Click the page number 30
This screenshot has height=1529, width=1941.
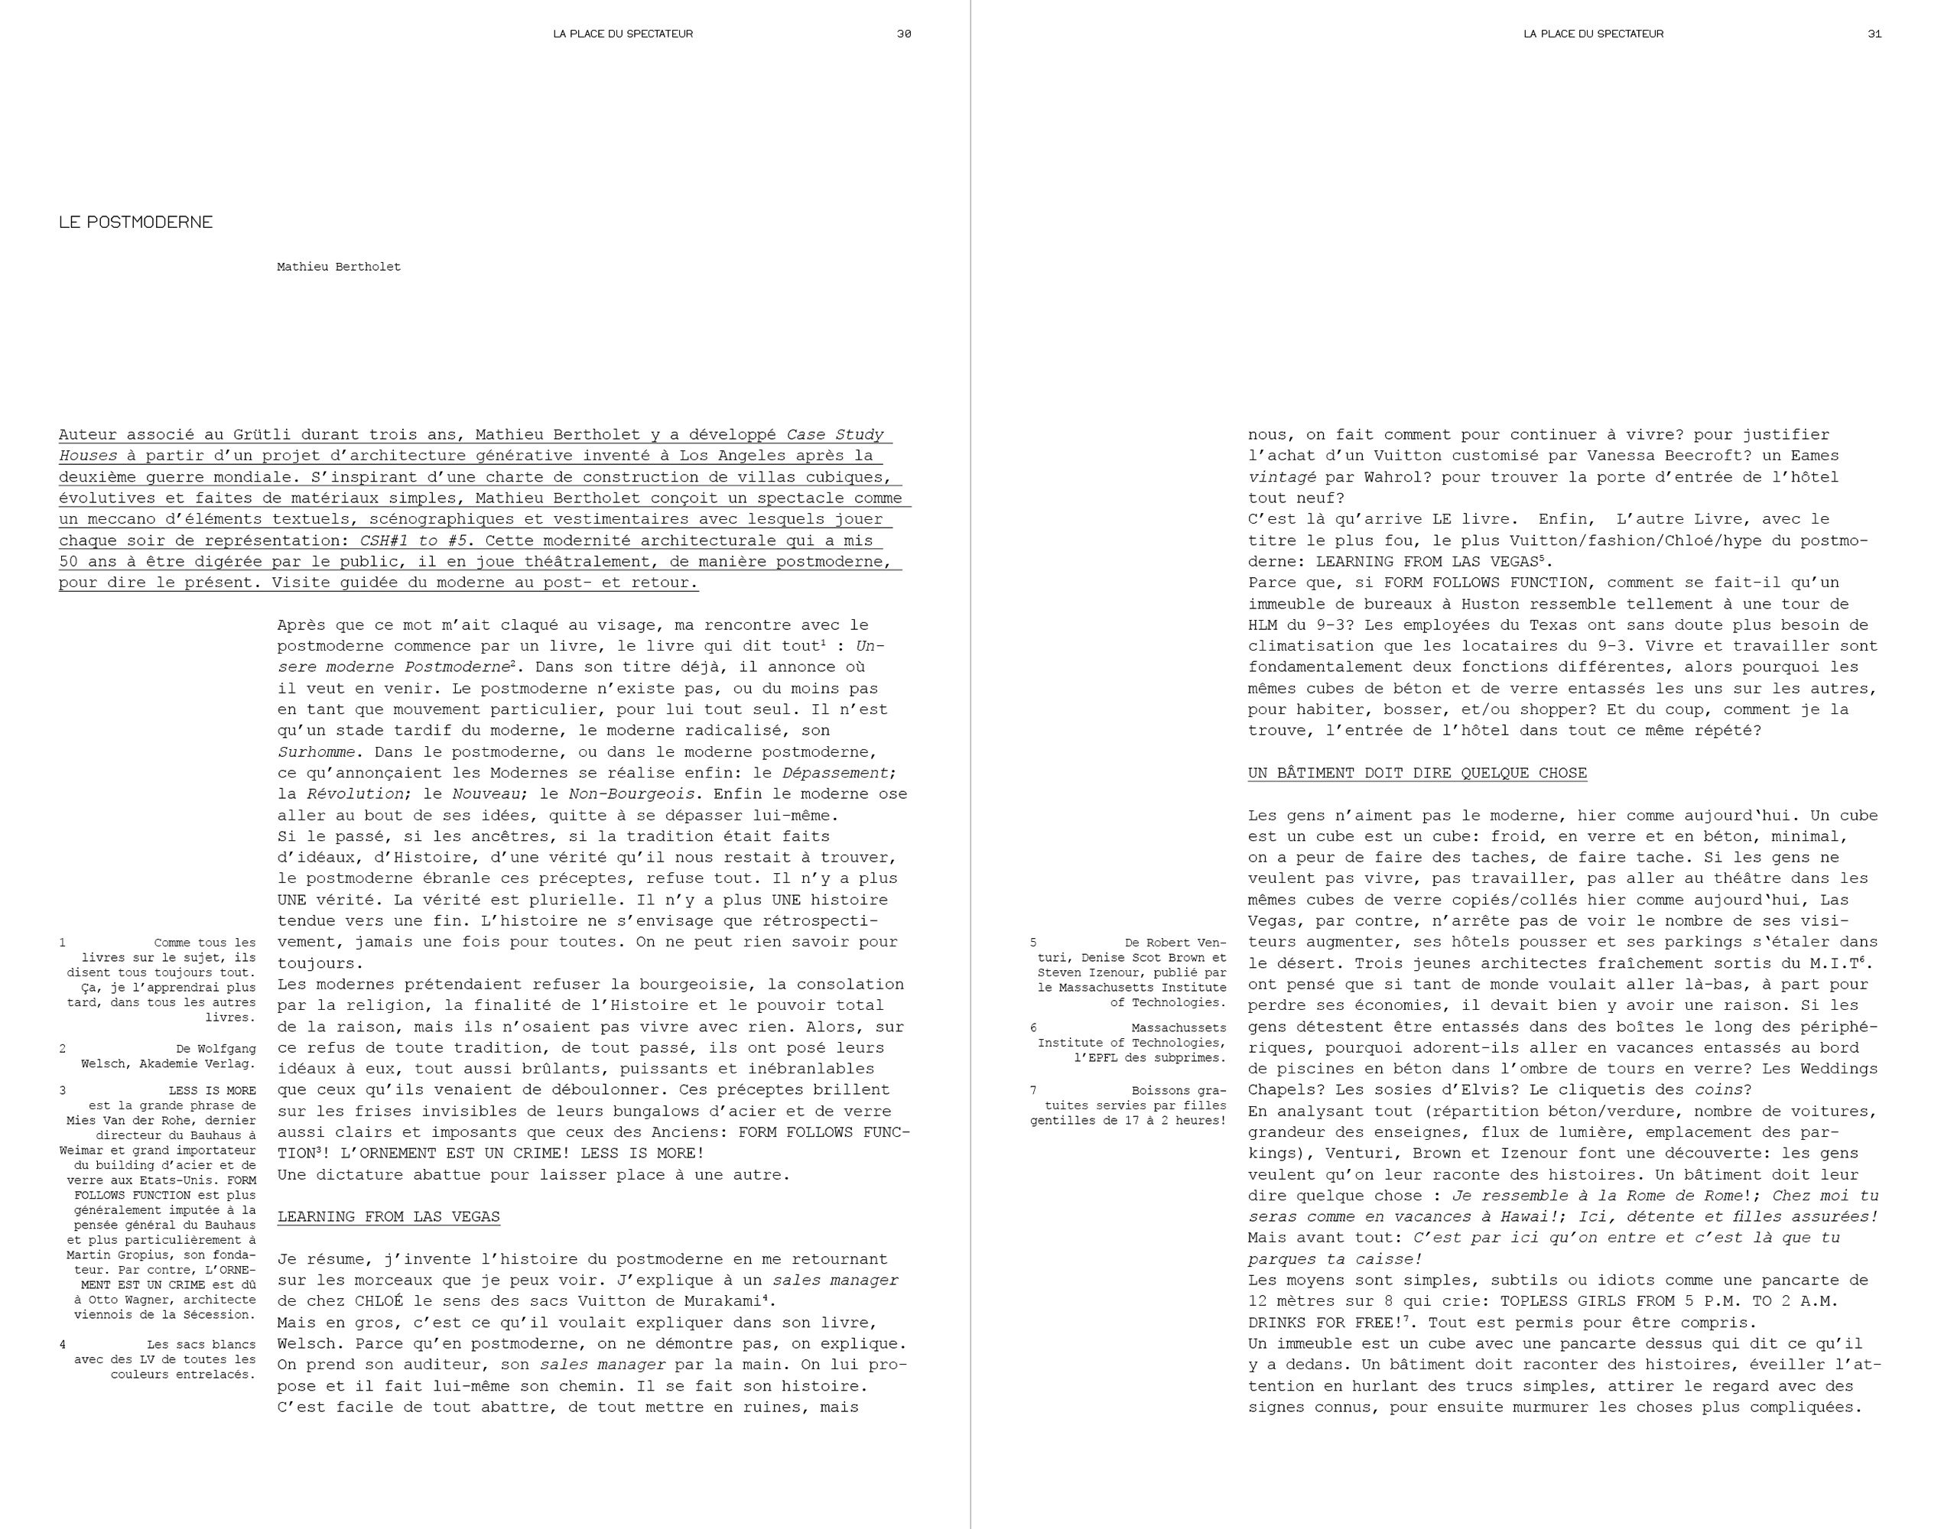(904, 34)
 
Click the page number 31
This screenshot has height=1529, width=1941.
(1874, 34)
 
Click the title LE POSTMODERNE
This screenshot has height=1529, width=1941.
(136, 222)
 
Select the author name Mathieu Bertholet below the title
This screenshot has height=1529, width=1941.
(339, 267)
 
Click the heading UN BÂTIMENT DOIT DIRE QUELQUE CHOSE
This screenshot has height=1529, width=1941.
(1417, 773)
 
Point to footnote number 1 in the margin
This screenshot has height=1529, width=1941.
(63, 943)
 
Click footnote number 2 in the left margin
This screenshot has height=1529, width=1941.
(63, 1048)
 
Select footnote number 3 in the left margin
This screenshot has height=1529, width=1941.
(63, 1090)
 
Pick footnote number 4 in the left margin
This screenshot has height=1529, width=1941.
(63, 1345)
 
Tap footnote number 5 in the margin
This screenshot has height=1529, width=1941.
(1033, 943)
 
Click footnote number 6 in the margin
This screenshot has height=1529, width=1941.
(1033, 1027)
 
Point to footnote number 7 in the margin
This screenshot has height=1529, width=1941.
(1033, 1090)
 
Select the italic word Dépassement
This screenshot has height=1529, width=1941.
(835, 773)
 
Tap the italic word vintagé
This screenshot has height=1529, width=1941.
(1282, 477)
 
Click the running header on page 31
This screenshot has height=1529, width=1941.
(1594, 34)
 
